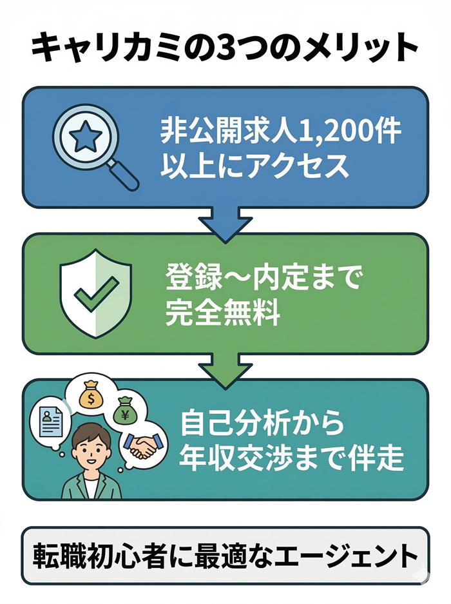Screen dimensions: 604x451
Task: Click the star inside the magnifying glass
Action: (84, 136)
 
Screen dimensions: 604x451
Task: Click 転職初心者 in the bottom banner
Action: (102, 556)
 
